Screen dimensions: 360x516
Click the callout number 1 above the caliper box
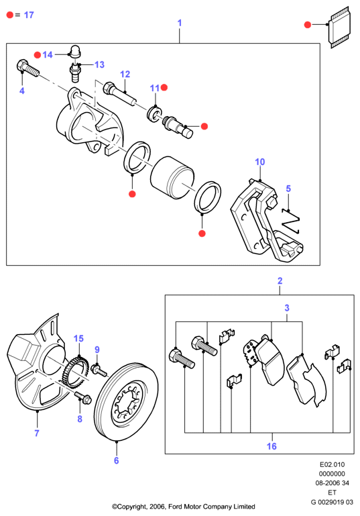(x=180, y=23)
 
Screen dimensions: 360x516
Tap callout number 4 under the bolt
(x=22, y=91)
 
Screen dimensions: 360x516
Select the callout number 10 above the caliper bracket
(x=259, y=162)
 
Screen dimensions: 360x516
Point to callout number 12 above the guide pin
(x=125, y=74)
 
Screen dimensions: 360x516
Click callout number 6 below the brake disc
(x=117, y=460)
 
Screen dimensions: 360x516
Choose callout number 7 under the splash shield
(x=37, y=433)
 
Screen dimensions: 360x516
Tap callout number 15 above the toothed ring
(x=78, y=339)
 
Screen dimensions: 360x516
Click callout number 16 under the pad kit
(x=272, y=446)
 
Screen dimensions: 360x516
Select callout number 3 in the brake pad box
(x=287, y=308)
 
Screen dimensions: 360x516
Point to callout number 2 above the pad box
(x=280, y=280)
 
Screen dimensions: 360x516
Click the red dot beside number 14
(x=38, y=54)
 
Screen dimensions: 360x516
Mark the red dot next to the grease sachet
(x=308, y=24)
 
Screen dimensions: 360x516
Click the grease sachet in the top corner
(x=340, y=28)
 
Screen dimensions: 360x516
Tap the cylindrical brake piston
(x=172, y=178)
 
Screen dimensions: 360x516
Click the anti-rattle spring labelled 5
(x=291, y=220)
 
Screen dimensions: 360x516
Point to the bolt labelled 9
(x=99, y=370)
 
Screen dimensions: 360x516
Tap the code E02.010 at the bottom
(x=332, y=464)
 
